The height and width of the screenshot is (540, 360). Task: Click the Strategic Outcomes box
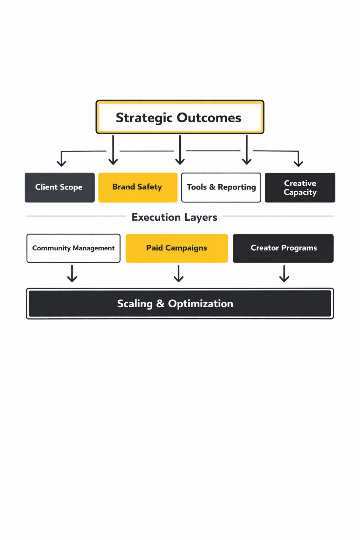[x=180, y=117]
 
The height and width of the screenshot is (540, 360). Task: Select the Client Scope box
[x=60, y=187]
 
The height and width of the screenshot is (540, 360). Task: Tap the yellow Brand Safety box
[x=138, y=187]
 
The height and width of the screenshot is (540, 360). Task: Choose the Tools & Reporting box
[x=221, y=187]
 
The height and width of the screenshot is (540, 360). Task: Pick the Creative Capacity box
[x=300, y=187]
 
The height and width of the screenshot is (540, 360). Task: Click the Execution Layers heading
[x=174, y=217]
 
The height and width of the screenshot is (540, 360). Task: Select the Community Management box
[x=73, y=248]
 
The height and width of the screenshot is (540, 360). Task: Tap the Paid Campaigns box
[x=176, y=248]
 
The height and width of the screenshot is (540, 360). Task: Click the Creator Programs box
[x=283, y=248]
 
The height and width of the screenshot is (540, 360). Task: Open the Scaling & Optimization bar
[x=180, y=303]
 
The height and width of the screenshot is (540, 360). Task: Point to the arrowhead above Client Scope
[x=62, y=163]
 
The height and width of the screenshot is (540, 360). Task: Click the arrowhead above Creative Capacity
[x=298, y=163]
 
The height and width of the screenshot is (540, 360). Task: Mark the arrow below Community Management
[x=72, y=274]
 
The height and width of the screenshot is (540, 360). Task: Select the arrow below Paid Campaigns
[x=179, y=274]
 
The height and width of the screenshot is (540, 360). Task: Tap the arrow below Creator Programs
[x=284, y=274]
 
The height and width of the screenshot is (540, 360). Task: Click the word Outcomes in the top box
[x=209, y=118]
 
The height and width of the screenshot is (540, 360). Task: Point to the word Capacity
[x=300, y=192]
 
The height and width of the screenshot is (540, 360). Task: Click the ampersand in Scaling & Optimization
[x=160, y=303]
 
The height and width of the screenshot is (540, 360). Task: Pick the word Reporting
[x=237, y=187]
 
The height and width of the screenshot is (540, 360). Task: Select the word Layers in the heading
[x=201, y=218]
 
